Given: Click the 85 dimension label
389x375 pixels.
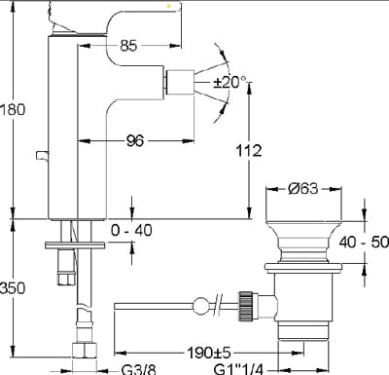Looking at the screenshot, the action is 128,46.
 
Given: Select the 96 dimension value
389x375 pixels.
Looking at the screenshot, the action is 135,140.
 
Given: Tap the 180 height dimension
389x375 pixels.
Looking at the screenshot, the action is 13,109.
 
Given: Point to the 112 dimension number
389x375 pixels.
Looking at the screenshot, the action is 249,151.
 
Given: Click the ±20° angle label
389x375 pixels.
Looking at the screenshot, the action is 230,83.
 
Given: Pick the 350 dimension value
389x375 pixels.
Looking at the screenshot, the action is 13,287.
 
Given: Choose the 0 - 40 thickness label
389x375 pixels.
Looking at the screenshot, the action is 131,230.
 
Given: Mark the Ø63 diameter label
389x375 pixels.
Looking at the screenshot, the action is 303,189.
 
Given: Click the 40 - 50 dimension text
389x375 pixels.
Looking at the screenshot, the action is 364,242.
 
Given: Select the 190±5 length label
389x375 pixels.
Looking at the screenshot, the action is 209,353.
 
